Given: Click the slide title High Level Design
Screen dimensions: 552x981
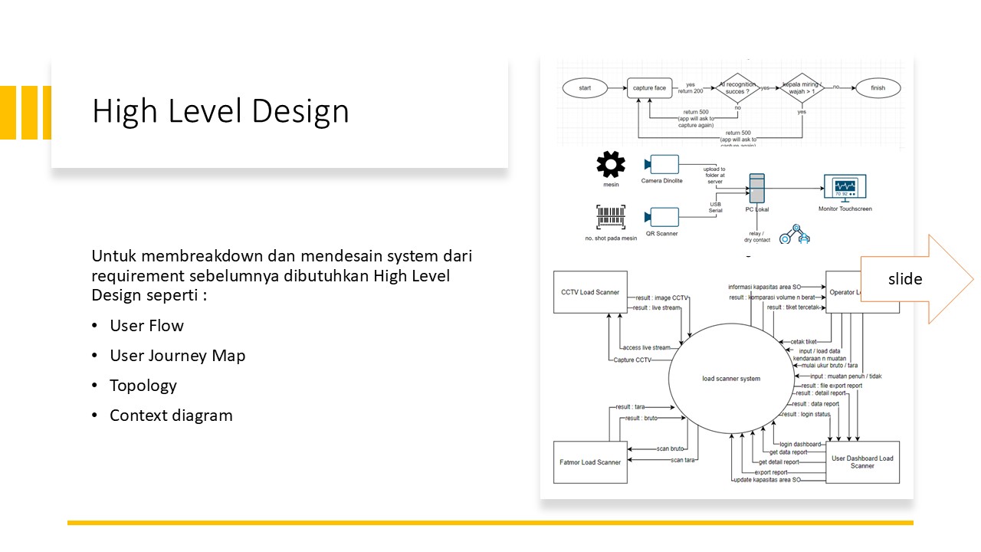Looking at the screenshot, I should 220,111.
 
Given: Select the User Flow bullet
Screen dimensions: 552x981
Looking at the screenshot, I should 146,326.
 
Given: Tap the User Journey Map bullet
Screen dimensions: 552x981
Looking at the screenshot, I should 177,356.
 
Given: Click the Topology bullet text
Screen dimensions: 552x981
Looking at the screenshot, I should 143,386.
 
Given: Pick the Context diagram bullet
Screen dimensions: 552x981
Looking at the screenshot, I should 171,416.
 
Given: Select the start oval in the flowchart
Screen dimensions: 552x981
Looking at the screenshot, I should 585,88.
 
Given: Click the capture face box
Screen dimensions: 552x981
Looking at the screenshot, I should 649,88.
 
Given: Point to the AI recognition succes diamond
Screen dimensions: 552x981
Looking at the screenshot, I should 737,88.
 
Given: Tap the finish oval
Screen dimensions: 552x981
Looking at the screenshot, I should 878,88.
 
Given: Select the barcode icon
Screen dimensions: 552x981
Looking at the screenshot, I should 611,218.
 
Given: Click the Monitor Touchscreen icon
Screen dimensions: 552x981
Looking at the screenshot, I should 845,187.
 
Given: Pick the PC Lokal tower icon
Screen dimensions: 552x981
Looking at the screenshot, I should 757,189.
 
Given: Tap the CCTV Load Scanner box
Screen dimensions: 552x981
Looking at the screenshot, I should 590,292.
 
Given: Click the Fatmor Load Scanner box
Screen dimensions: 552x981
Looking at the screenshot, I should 590,462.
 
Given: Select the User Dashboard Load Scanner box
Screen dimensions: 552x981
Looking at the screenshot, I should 862,462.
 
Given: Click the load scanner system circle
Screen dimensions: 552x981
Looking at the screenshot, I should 731,379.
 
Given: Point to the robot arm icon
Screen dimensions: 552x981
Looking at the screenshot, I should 794,235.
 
